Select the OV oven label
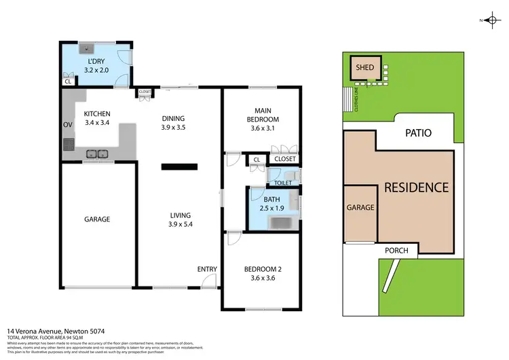(x=67, y=125)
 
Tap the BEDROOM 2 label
(x=262, y=272)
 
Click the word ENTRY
(x=207, y=270)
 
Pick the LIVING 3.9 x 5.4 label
(x=180, y=220)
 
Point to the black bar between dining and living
(x=179, y=166)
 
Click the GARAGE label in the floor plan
(x=97, y=219)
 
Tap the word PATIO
(x=419, y=133)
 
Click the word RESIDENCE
(x=417, y=187)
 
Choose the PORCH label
(x=396, y=251)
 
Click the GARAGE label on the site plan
(x=360, y=208)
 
